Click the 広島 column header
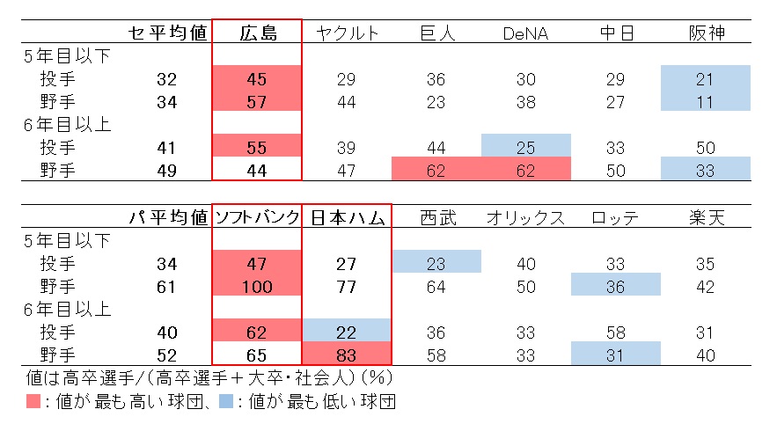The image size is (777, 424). tap(258, 33)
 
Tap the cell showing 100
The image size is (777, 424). tap(258, 286)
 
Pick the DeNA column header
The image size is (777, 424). tap(525, 33)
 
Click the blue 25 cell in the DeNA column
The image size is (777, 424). tap(525, 146)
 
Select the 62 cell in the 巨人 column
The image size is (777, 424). tap(436, 169)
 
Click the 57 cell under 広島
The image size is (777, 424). tap(258, 102)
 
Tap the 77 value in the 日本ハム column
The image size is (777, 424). tap(346, 286)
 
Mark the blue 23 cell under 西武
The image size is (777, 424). tap(436, 263)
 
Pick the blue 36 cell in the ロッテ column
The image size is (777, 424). tap(616, 286)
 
